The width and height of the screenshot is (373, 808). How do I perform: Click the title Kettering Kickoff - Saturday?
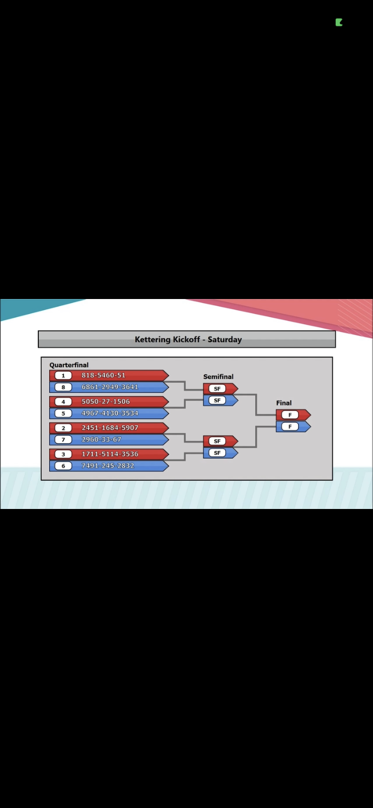[x=188, y=339]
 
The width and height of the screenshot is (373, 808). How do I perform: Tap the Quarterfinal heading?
[x=69, y=365]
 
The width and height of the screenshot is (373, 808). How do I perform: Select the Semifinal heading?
[x=218, y=377]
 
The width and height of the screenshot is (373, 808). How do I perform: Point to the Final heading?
[x=284, y=403]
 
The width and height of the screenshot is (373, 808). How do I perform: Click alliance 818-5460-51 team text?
[x=103, y=375]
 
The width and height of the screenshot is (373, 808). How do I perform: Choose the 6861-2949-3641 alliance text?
[x=110, y=387]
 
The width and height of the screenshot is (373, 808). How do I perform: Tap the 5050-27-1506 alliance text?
[x=106, y=402]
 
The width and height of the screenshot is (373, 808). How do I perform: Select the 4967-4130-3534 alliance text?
[x=110, y=413]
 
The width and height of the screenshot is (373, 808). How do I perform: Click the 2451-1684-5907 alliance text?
[x=110, y=428]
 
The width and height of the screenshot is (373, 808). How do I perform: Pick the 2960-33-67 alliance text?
[x=101, y=440]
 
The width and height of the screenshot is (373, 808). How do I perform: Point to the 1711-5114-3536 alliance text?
[x=110, y=454]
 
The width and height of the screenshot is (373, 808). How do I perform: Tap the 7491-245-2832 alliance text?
[x=108, y=466]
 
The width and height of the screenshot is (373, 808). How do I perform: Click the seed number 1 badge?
[x=63, y=376]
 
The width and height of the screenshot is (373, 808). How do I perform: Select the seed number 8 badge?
[x=63, y=388]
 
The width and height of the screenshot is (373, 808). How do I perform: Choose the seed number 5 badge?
[x=63, y=413]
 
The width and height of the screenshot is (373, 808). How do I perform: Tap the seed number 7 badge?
[x=63, y=440]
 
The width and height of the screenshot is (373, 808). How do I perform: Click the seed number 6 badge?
[x=63, y=466]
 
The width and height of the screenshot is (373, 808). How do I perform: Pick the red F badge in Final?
[x=289, y=415]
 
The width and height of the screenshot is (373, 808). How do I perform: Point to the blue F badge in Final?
[x=289, y=427]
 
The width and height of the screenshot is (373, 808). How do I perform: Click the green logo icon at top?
[x=339, y=22]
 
